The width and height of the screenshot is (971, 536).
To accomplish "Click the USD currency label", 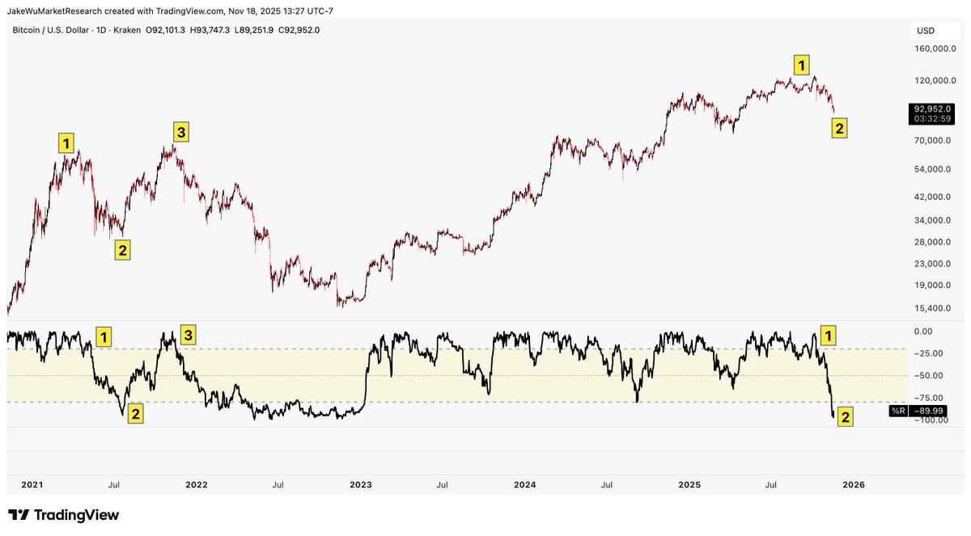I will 925,30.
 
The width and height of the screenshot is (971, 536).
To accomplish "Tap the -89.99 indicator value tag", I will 926,411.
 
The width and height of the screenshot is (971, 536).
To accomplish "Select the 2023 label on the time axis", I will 360,485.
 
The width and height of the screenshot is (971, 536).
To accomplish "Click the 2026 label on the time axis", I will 854,485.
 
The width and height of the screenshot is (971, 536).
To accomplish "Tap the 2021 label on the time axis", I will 32,485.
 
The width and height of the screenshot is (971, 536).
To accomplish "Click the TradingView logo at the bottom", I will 64,515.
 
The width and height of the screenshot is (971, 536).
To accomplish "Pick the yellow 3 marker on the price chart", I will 182,131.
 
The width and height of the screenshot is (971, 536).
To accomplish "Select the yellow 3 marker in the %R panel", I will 187,335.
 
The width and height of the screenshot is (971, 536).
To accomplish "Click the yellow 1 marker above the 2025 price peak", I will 800,65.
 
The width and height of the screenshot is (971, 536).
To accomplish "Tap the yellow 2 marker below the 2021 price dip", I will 122,250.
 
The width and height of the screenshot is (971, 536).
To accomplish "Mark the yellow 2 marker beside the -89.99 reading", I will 845,417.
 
